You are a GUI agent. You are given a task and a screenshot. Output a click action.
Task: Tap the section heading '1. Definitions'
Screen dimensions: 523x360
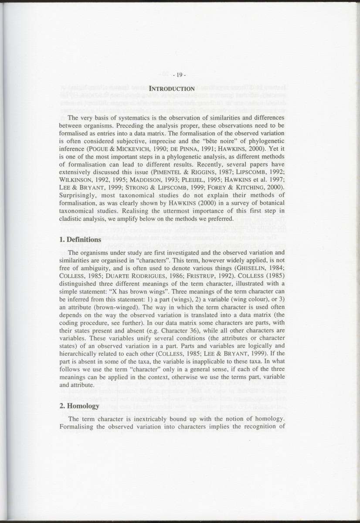(80, 240)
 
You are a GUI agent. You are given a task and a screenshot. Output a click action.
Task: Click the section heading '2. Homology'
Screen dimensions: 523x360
(79, 406)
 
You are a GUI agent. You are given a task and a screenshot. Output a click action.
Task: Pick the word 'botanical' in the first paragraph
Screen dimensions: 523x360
(270, 204)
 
